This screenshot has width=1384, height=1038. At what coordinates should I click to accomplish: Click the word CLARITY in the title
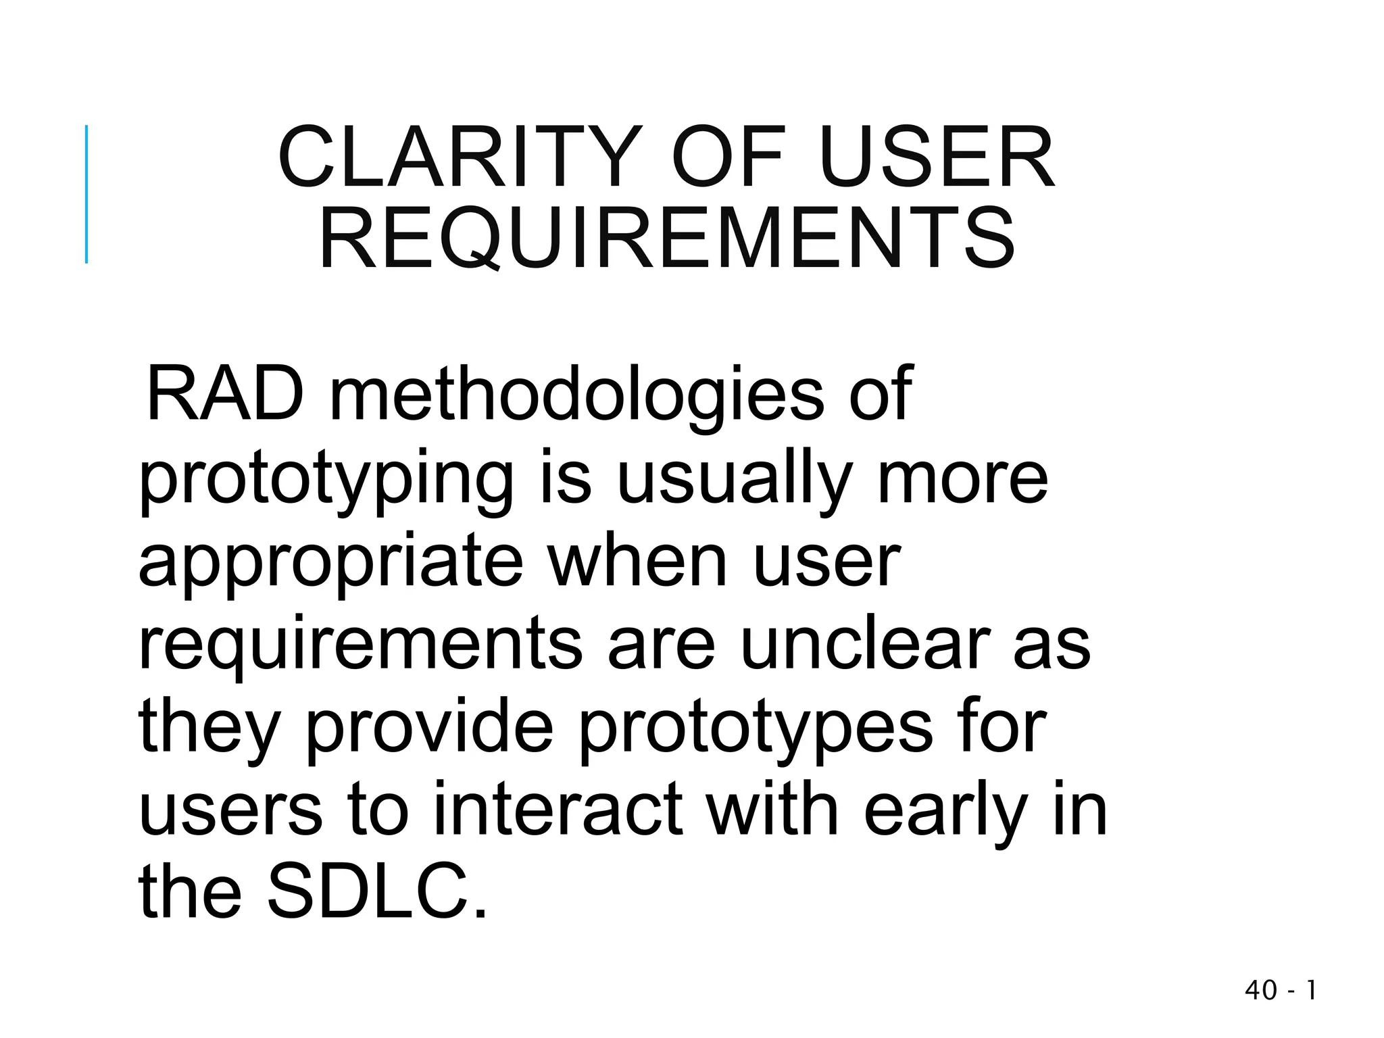pyautogui.click(x=460, y=158)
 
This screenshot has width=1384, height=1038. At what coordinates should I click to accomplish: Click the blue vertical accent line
pyautogui.click(x=86, y=194)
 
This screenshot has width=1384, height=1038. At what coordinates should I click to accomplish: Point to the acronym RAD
pyautogui.click(x=225, y=394)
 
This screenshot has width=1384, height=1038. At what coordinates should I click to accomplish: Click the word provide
pyautogui.click(x=430, y=730)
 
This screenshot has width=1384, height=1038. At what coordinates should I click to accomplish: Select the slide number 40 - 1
pyautogui.click(x=1280, y=991)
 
